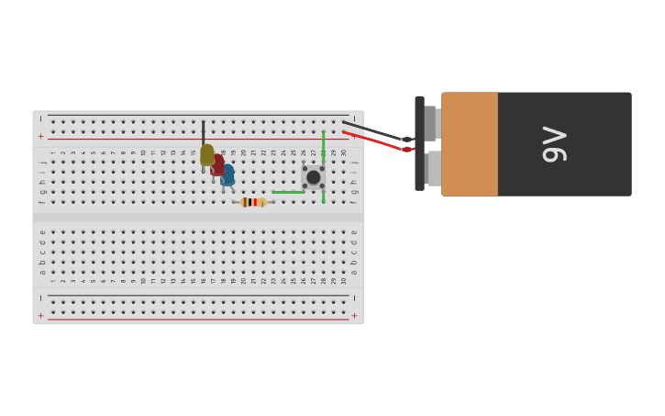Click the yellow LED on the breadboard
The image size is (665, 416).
pos(207,154)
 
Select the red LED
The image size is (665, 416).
pos(217,165)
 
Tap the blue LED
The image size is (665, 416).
pos(227,174)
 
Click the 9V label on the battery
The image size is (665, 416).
pos(554,144)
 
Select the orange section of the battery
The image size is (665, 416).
pos(470,144)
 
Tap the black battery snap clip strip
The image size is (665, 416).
pos(419,143)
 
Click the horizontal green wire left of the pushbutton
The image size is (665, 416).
pos(287,192)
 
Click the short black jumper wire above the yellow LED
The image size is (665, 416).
pos(203,131)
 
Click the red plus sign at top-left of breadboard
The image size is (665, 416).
pos(40,136)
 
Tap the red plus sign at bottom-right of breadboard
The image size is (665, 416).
pos(354,315)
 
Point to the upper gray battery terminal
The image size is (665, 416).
pos(431,123)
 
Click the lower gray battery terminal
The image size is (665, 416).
pos(433,168)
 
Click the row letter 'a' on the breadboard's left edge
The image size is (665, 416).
pos(42,272)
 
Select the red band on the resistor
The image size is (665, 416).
pos(251,202)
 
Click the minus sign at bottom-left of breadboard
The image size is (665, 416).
pos(40,298)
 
